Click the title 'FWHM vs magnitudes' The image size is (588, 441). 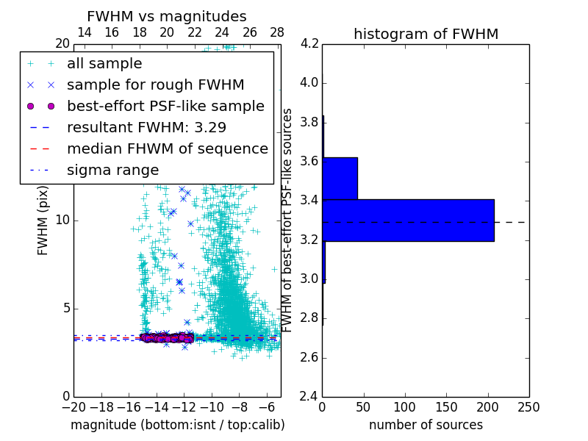click(x=167, y=16)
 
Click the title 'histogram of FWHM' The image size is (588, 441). click(x=426, y=34)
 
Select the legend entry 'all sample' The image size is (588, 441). click(x=104, y=64)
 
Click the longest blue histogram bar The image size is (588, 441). click(x=408, y=220)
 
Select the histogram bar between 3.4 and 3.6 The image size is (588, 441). click(x=340, y=178)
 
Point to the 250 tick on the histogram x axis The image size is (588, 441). click(x=528, y=407)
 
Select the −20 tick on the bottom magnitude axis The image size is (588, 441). click(x=73, y=407)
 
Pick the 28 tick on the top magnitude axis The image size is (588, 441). click(x=277, y=32)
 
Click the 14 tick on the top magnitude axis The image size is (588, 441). click(x=84, y=32)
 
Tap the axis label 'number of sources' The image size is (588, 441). click(x=426, y=425)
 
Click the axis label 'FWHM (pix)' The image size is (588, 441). click(x=43, y=220)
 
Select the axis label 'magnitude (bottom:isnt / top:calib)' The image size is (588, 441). click(x=177, y=425)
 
